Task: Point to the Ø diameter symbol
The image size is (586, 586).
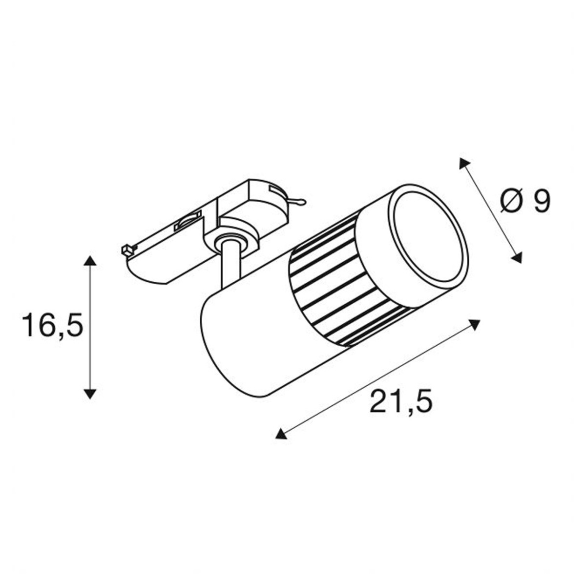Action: coord(511,201)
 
